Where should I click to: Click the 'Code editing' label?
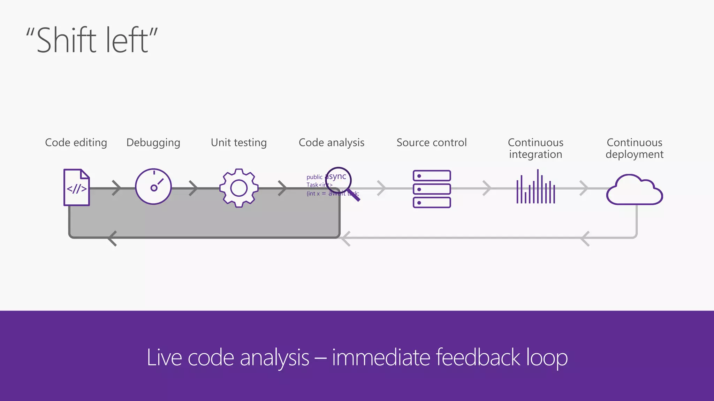pyautogui.click(x=76, y=143)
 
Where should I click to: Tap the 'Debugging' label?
pyautogui.click(x=153, y=143)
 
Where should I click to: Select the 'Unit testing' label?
pyautogui.click(x=239, y=143)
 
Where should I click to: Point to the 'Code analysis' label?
pyautogui.click(x=332, y=143)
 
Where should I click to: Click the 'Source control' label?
pyautogui.click(x=432, y=143)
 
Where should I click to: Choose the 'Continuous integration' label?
pyautogui.click(x=535, y=148)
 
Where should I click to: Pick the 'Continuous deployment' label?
pyautogui.click(x=635, y=148)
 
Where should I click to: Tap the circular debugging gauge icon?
pyautogui.click(x=153, y=187)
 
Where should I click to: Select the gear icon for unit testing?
pyautogui.click(x=239, y=188)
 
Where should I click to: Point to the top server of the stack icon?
pyautogui.click(x=432, y=176)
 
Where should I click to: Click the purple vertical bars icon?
pyautogui.click(x=536, y=188)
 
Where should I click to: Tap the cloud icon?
pyautogui.click(x=635, y=191)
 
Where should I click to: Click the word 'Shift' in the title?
pyautogui.click(x=66, y=40)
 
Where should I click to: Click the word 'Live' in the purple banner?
pyautogui.click(x=164, y=357)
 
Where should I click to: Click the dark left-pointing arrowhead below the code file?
pyautogui.click(x=112, y=238)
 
